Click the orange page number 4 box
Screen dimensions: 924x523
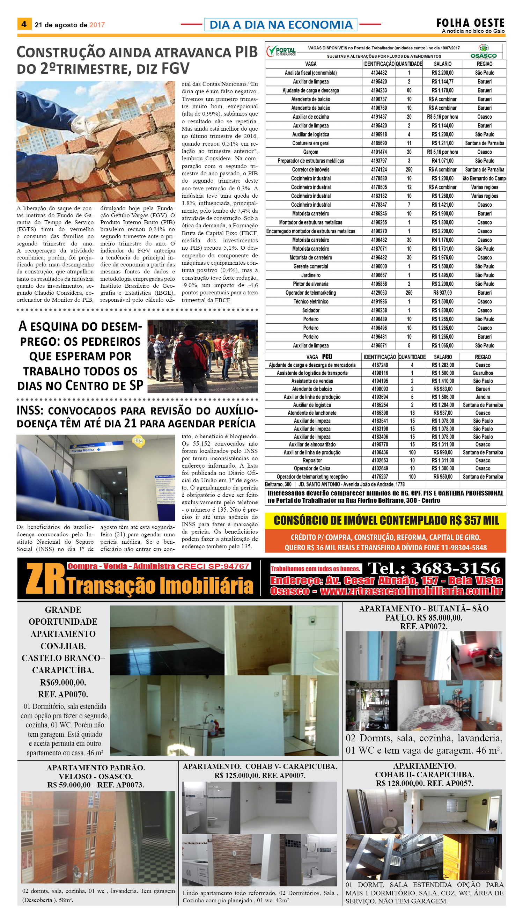pos(24,24)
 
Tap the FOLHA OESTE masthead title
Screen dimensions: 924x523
pos(470,23)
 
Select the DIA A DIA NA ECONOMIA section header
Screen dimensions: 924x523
pos(281,25)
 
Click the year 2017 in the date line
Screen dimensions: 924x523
pos(97,25)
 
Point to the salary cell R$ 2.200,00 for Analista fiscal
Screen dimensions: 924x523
pos(443,73)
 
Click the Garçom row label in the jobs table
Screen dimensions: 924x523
pos(311,152)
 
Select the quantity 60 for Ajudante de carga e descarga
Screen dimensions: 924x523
pos(409,90)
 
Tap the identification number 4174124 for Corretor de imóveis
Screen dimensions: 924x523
pos(379,170)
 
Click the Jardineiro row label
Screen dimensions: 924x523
pos(311,275)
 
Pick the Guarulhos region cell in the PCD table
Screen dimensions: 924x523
pos(483,373)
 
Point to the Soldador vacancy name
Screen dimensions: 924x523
pos(311,310)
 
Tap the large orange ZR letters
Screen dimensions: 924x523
pos(45,578)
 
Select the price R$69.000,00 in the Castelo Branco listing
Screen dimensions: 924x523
pos(63,682)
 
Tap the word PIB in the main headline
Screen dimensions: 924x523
pos(246,52)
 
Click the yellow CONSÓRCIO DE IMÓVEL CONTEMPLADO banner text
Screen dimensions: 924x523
pos(386,521)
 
